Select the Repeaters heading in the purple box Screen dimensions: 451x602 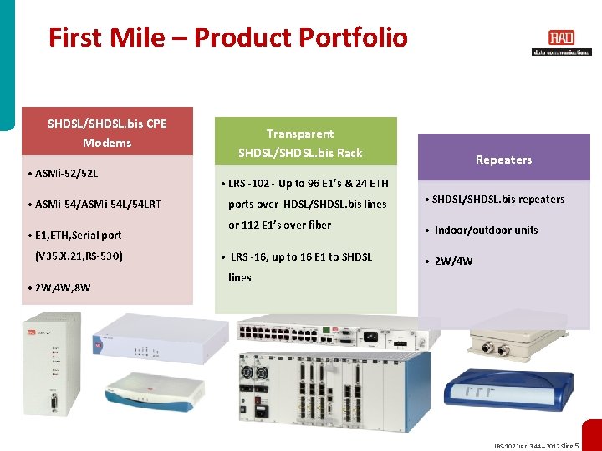click(503, 160)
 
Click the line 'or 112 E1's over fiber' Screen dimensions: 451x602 click(279, 225)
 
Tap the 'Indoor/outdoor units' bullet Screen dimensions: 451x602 click(486, 230)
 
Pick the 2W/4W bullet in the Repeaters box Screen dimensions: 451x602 click(453, 261)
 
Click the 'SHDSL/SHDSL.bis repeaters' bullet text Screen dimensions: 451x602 click(497, 199)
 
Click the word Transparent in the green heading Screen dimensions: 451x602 click(299, 134)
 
